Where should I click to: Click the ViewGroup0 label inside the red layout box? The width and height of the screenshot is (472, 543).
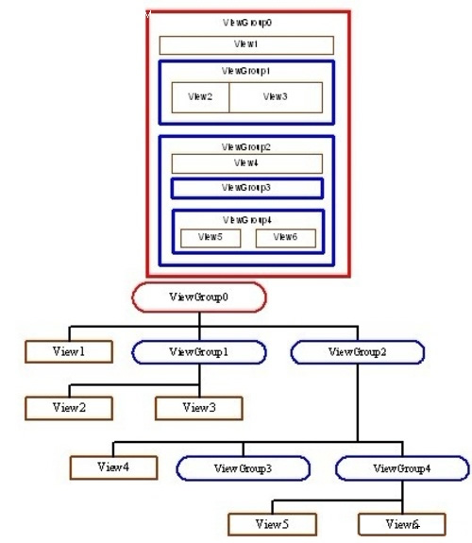tap(247, 23)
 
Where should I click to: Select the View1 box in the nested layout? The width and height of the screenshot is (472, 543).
tap(246, 45)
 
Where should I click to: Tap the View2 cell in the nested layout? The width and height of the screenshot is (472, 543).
tap(200, 97)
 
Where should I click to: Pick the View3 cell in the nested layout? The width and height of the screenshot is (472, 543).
tap(276, 97)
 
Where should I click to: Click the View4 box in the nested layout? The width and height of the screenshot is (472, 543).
tap(247, 163)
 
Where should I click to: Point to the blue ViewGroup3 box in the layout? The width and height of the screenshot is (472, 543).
tap(247, 188)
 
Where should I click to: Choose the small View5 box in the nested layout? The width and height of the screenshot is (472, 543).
tap(211, 238)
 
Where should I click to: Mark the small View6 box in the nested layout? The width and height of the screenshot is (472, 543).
tap(286, 238)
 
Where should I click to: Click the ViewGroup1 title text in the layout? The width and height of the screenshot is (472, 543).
tap(245, 71)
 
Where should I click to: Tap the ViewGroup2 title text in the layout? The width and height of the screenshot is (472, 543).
tap(245, 147)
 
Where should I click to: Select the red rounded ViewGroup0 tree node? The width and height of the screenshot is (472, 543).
tap(199, 297)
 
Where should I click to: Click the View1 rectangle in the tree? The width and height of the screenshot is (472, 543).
tap(69, 351)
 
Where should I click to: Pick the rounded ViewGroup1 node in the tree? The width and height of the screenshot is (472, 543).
tap(199, 352)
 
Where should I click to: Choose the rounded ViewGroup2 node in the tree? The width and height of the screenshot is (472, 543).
tap(358, 352)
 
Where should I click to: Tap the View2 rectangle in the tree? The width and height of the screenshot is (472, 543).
tap(69, 408)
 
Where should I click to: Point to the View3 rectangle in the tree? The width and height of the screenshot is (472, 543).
tap(199, 408)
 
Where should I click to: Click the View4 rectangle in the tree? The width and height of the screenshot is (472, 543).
tap(113, 467)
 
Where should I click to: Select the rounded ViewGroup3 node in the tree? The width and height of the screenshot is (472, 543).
tap(244, 468)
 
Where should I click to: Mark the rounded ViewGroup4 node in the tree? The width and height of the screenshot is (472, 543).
tap(402, 468)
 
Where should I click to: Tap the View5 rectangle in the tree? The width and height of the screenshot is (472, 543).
tap(272, 524)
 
